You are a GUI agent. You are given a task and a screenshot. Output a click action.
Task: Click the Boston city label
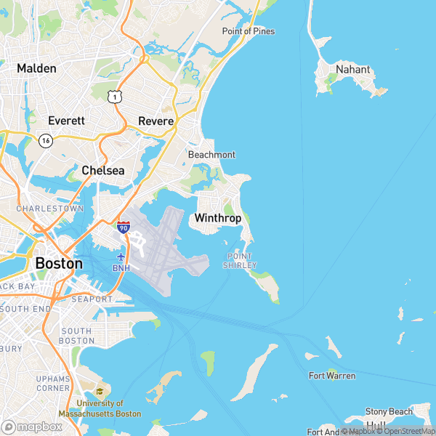[x=59, y=263]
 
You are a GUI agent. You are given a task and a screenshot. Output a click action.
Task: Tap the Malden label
[x=36, y=68]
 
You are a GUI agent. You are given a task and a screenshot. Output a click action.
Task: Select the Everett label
[x=66, y=121]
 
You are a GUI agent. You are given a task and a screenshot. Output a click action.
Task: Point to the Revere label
[x=156, y=121]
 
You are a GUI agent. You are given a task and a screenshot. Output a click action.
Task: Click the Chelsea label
[x=102, y=170]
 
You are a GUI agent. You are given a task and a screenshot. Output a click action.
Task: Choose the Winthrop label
[x=217, y=218]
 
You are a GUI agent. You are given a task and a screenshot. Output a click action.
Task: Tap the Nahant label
[x=353, y=70]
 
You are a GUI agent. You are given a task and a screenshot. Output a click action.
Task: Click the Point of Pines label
[x=249, y=31]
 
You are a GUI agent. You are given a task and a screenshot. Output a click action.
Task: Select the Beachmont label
[x=211, y=155]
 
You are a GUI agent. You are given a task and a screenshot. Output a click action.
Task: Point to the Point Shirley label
[x=241, y=261]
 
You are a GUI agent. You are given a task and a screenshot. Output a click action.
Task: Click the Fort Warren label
[x=332, y=376]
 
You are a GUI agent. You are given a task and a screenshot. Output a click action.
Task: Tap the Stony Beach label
[x=389, y=412]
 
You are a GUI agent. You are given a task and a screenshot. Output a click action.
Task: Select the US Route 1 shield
[x=114, y=96]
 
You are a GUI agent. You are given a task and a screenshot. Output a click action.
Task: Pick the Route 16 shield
[x=46, y=141]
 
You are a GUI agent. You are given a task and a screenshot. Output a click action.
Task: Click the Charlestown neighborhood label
[x=50, y=209]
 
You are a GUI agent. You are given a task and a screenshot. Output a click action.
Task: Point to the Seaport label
[x=92, y=299]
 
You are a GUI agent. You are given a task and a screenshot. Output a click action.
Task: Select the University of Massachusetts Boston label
[x=108, y=408]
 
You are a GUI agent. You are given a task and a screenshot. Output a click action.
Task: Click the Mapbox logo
[x=32, y=427]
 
